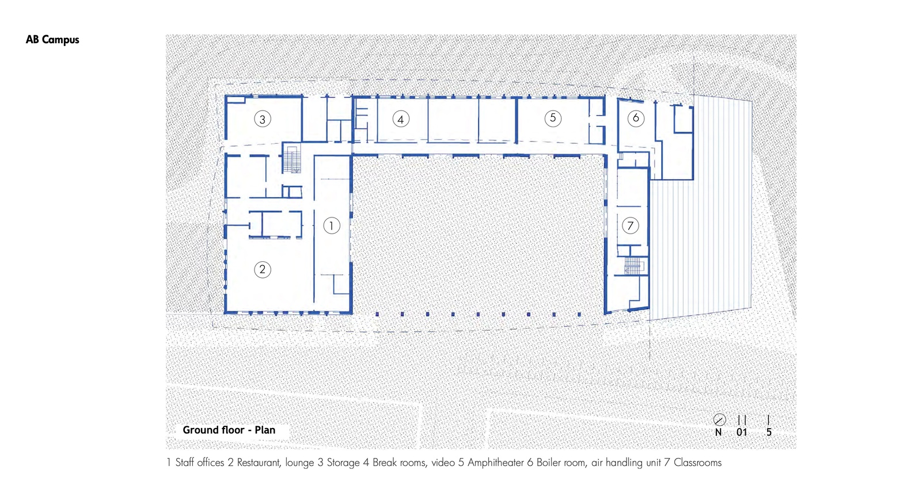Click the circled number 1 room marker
332,226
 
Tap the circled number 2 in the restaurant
263,269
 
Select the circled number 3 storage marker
263,119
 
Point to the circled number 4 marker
401,120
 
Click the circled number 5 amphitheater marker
553,119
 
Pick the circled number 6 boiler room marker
636,119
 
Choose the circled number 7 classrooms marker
631,226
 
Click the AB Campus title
52,40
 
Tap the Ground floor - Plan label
229,430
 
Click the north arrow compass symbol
719,420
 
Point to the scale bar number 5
769,432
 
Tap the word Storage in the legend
343,463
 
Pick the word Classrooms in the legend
697,463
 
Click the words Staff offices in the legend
200,463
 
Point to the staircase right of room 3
291,159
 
